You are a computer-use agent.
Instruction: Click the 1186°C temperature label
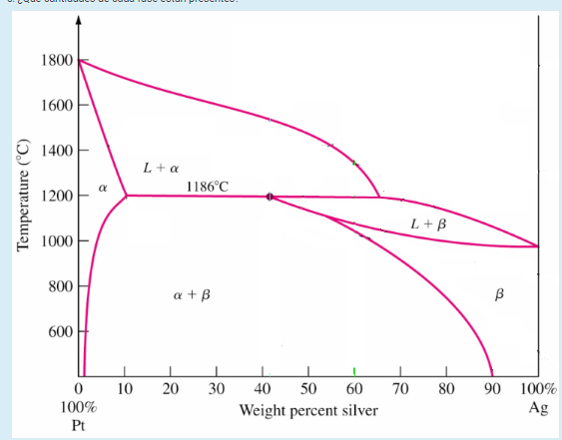(208, 186)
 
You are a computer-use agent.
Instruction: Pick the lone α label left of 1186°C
(103, 187)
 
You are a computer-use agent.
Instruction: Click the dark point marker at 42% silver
(270, 197)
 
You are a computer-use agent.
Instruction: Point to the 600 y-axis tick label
(60, 331)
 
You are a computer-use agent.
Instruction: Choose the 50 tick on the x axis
(308, 389)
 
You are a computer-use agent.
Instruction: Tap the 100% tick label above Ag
(538, 389)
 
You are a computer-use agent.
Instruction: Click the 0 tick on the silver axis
(79, 389)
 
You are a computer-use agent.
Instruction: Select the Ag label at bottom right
(537, 407)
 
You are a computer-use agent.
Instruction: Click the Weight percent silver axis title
(308, 410)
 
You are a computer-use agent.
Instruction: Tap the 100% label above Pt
(79, 408)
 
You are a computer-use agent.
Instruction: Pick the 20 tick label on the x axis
(171, 389)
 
